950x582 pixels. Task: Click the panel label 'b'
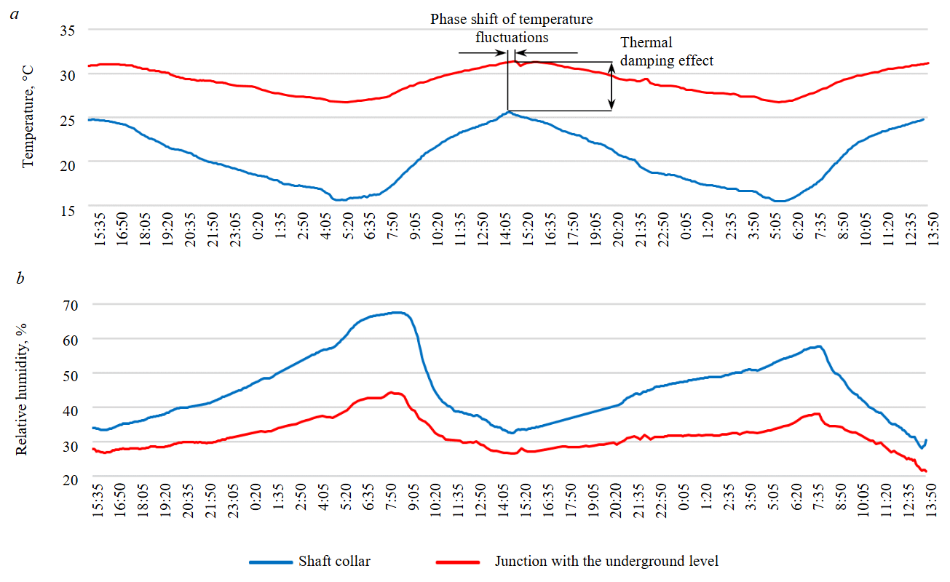point(20,277)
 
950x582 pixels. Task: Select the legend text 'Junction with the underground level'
point(606,561)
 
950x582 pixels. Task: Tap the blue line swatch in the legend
point(270,562)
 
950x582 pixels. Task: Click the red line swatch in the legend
point(457,562)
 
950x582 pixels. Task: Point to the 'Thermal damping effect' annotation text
point(666,52)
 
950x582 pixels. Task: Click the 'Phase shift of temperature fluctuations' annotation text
point(511,28)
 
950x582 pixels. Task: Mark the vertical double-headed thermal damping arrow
point(611,86)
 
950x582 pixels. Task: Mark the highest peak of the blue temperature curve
point(508,111)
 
